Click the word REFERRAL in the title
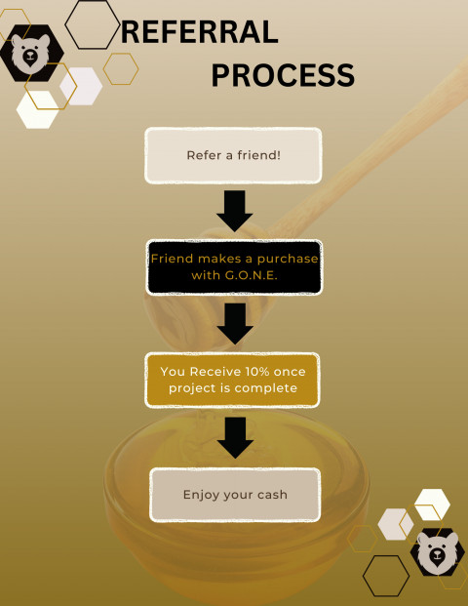pyautogui.click(x=200, y=32)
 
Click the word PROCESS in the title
pyautogui.click(x=283, y=75)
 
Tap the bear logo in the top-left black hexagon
pyautogui.click(x=30, y=54)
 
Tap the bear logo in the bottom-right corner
pyautogui.click(x=438, y=550)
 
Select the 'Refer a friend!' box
pyautogui.click(x=233, y=155)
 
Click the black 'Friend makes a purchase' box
pyautogui.click(x=234, y=267)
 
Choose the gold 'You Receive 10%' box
pyautogui.click(x=232, y=380)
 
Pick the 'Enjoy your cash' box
pyautogui.click(x=235, y=495)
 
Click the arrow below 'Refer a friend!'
pyautogui.click(x=234, y=211)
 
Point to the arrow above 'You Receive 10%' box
pyautogui.click(x=235, y=324)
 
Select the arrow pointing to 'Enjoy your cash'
pyautogui.click(x=235, y=438)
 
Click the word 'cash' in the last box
pyautogui.click(x=272, y=495)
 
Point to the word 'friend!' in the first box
pyautogui.click(x=258, y=155)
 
